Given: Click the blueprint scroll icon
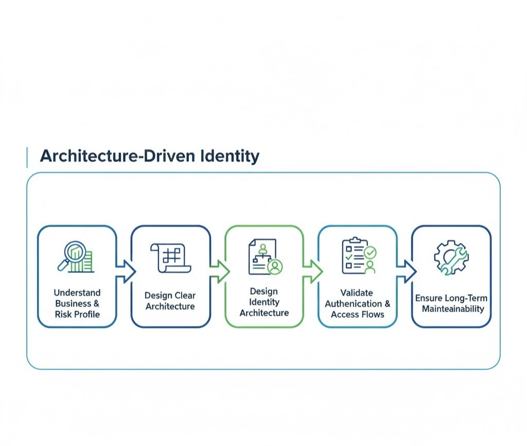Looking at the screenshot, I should (x=170, y=258).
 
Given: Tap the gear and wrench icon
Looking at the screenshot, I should (x=451, y=256).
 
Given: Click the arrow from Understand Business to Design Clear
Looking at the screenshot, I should (x=125, y=271).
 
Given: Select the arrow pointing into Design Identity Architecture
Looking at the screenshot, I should (x=219, y=271).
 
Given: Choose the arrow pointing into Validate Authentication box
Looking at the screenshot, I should (x=312, y=271).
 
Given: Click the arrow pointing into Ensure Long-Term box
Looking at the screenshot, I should (x=406, y=271).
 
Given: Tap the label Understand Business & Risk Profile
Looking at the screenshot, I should (x=77, y=303).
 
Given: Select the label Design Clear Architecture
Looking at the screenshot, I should (x=170, y=301).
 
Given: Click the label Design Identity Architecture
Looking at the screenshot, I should (x=264, y=302).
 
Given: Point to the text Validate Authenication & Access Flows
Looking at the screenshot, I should (x=358, y=303).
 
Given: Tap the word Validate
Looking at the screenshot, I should (x=357, y=293).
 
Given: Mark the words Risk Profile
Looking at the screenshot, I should (x=77, y=314).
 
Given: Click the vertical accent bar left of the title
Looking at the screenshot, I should (x=27, y=157).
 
